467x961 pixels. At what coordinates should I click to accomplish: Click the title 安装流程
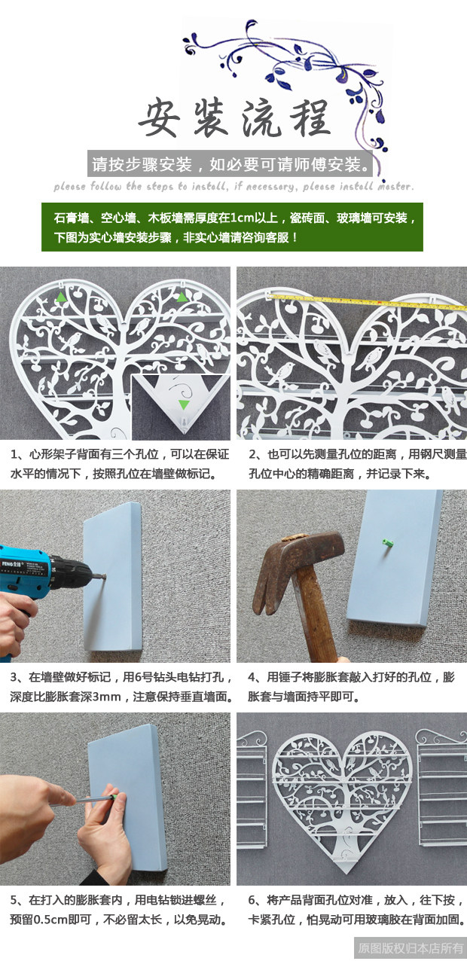pyautogui.click(x=234, y=118)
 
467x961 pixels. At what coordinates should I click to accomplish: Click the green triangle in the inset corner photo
pyautogui.click(x=184, y=404)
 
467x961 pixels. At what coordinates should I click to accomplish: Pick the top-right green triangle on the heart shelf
pyautogui.click(x=182, y=296)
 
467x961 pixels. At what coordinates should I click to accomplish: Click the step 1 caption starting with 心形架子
pyautogui.click(x=120, y=464)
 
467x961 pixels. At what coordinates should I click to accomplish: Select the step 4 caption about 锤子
pyautogui.click(x=351, y=686)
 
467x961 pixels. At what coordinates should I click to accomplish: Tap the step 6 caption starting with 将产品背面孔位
pyautogui.click(x=356, y=910)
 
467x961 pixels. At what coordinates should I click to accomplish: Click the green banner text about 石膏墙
pyautogui.click(x=234, y=227)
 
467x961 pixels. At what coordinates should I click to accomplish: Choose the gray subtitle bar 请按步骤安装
pyautogui.click(x=230, y=164)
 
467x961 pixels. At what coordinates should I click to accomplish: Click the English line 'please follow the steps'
pyautogui.click(x=234, y=186)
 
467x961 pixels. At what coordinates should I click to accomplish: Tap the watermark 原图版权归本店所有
pyautogui.click(x=411, y=948)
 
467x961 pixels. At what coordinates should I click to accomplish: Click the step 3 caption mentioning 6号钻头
pyautogui.click(x=121, y=686)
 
